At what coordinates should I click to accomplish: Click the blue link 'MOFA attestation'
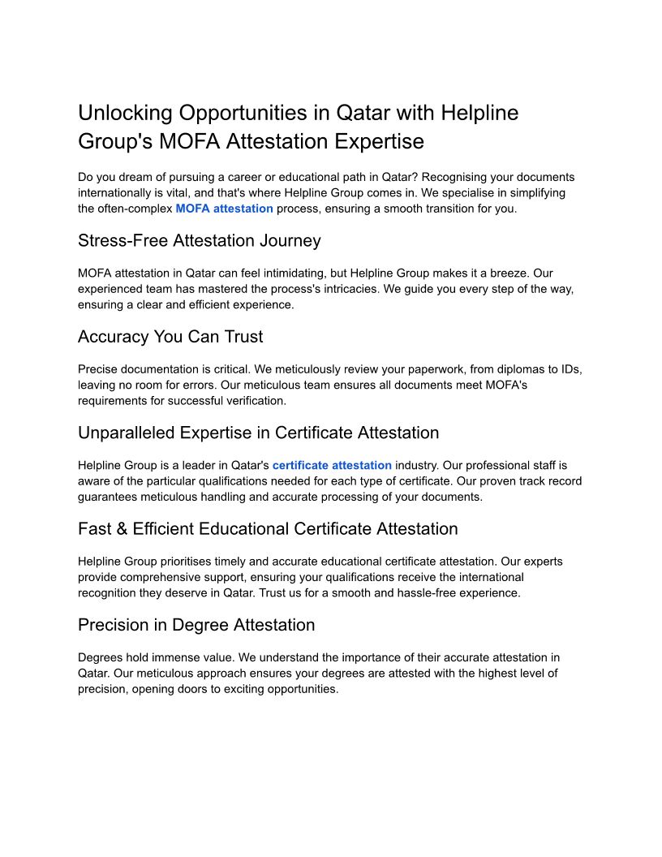(224, 209)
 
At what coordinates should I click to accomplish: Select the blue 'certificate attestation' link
(332, 465)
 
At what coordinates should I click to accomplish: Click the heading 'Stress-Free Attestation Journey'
(200, 241)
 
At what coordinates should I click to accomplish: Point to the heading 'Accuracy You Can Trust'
(170, 337)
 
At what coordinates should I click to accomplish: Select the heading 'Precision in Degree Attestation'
(196, 625)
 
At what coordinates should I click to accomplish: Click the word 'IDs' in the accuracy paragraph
(571, 368)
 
